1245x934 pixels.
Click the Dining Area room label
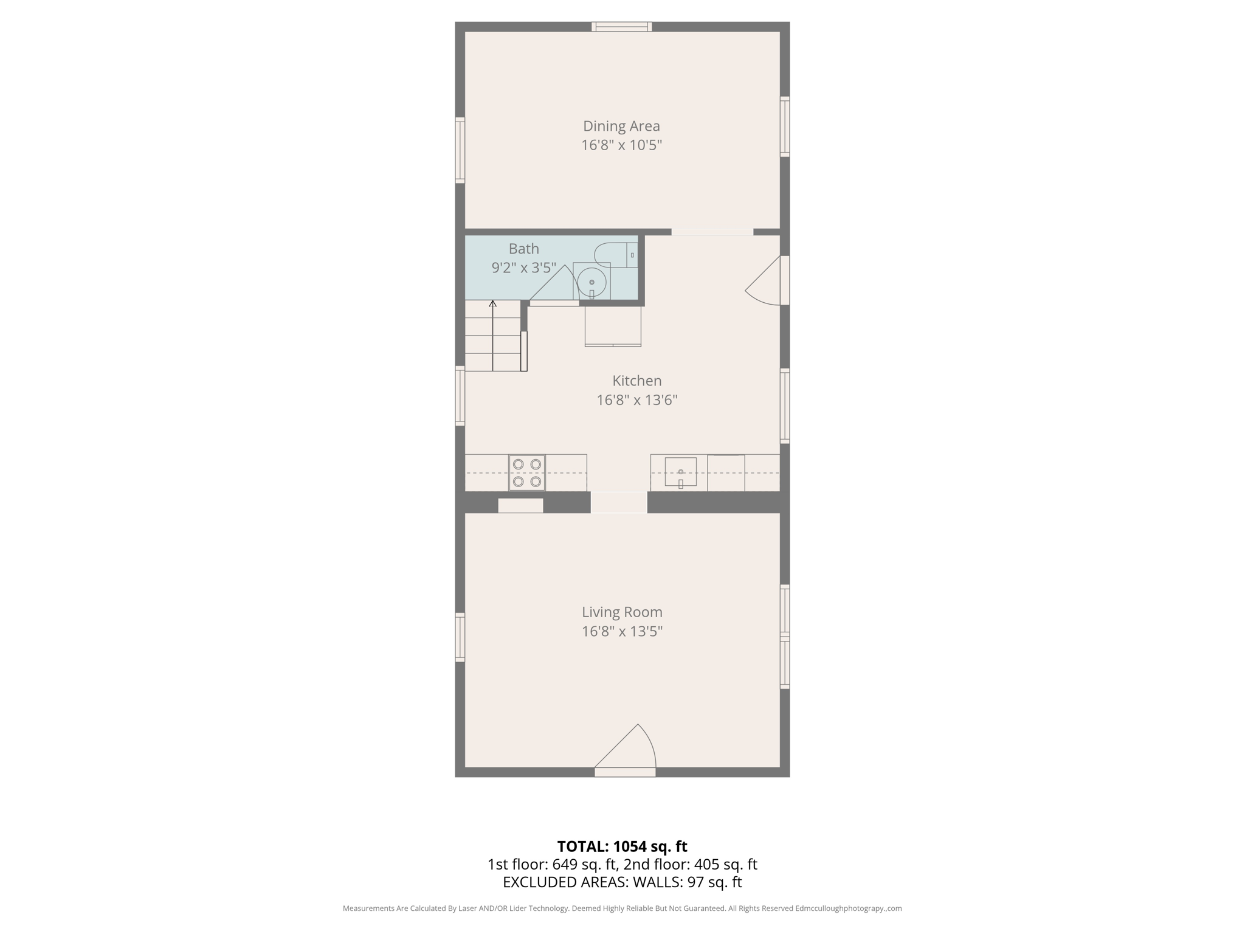tap(621, 126)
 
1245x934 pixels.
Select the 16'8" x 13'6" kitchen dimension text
tap(636, 400)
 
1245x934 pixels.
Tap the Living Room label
tap(622, 612)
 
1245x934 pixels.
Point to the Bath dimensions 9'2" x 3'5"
tap(523, 268)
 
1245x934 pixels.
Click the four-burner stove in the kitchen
tap(526, 472)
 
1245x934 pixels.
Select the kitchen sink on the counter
tap(680, 472)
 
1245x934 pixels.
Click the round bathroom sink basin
tap(591, 282)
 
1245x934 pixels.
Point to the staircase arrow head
tap(493, 303)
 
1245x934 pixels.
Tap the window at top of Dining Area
tap(622, 27)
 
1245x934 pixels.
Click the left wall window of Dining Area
tap(460, 150)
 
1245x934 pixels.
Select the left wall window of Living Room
tap(460, 637)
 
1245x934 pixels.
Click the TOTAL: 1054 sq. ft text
tap(622, 846)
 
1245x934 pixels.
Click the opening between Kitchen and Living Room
tap(619, 502)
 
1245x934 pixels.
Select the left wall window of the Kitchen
tap(460, 396)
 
